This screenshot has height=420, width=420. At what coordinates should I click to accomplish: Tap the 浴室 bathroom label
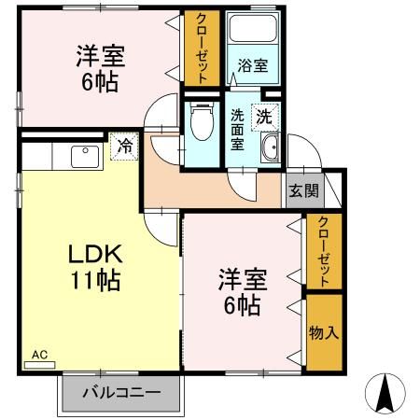pyautogui.click(x=251, y=66)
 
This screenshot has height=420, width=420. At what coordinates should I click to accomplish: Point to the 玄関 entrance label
pyautogui.click(x=302, y=191)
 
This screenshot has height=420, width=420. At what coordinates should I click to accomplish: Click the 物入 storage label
pyautogui.click(x=323, y=333)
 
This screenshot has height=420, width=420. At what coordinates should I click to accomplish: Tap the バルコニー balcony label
pyautogui.click(x=120, y=392)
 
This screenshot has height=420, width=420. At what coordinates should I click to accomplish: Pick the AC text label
pyautogui.click(x=39, y=354)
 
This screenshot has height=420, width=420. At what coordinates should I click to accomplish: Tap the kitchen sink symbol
pyautogui.click(x=82, y=155)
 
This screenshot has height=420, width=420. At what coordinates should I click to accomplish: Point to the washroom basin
pyautogui.click(x=270, y=147)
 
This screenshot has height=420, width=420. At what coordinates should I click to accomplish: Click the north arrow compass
pyautogui.click(x=385, y=393)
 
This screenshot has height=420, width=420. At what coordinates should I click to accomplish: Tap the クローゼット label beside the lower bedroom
pyautogui.click(x=323, y=251)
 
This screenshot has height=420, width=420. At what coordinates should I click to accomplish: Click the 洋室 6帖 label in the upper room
pyautogui.click(x=96, y=68)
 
